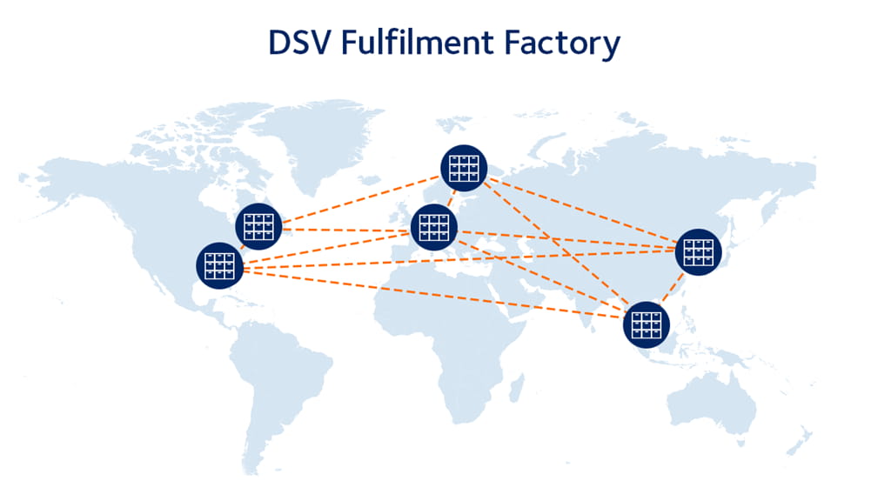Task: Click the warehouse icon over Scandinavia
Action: [464, 168]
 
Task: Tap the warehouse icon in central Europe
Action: [433, 228]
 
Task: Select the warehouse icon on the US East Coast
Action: [258, 226]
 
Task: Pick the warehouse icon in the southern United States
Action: [219, 265]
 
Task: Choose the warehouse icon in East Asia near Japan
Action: [699, 251]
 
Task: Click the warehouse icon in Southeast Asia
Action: [646, 324]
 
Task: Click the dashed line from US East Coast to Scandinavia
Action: [361, 198]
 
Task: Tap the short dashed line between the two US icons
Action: [239, 246]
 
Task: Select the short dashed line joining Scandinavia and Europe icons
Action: [449, 198]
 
